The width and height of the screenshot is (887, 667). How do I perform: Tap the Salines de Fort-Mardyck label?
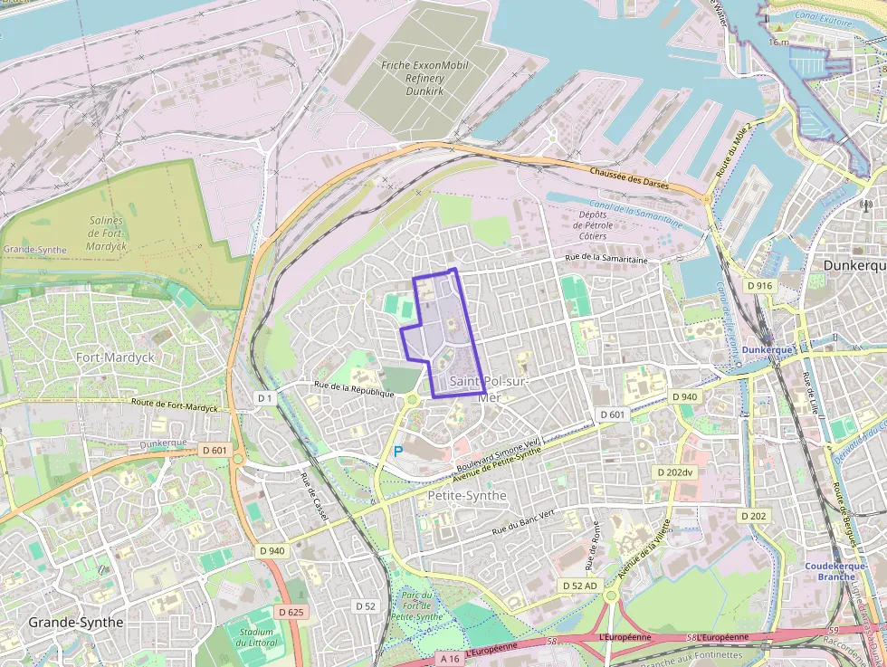[x=107, y=233]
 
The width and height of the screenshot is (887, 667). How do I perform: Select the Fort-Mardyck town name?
[x=115, y=357]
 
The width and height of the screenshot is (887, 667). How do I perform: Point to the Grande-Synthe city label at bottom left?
[x=76, y=623]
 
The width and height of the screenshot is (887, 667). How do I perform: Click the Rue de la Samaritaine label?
[x=606, y=260]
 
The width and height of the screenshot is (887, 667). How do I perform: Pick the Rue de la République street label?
[x=354, y=388]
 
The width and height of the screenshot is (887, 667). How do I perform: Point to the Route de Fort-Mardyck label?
[x=175, y=405]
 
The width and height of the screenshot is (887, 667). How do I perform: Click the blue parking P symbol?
[x=397, y=451]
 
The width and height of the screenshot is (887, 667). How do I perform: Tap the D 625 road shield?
[x=291, y=613]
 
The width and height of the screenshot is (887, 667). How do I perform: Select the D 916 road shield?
[x=760, y=286]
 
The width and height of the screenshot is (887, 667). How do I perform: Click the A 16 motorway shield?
[x=450, y=660]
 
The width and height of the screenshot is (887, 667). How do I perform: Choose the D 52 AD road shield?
[x=579, y=586]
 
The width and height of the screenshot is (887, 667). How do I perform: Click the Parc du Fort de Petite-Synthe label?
[x=417, y=605]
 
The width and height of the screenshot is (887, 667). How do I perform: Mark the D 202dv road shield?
[x=674, y=472]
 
